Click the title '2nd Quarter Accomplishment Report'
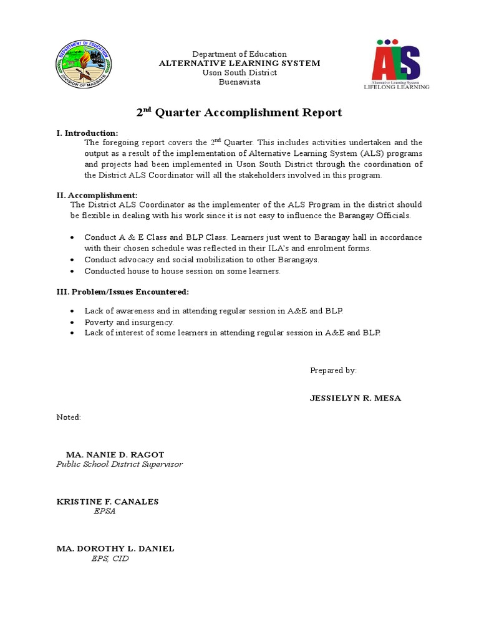(x=239, y=113)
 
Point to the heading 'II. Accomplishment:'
(x=97, y=195)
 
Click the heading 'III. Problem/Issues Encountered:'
(x=122, y=292)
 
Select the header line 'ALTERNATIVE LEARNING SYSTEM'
(x=239, y=64)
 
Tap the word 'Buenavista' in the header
(x=239, y=82)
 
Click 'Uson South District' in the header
(x=239, y=73)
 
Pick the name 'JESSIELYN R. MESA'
(x=356, y=398)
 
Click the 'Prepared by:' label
(x=333, y=370)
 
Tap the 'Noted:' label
(x=69, y=417)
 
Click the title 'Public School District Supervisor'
(x=120, y=464)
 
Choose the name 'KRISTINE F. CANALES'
(x=107, y=502)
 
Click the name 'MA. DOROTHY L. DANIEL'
(x=115, y=549)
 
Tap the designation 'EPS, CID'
(x=110, y=559)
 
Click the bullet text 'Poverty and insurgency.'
(x=129, y=322)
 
